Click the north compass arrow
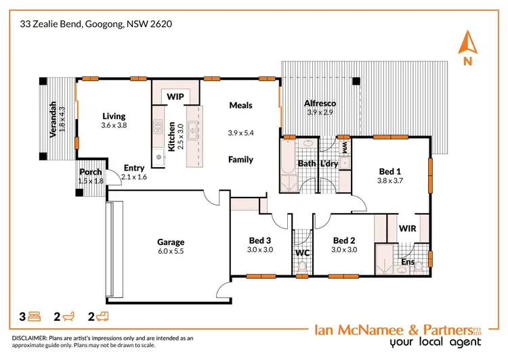tap(465, 43)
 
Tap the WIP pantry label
tap(175, 97)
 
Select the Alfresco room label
tap(320, 103)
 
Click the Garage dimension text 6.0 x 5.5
tap(171, 251)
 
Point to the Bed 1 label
tap(389, 171)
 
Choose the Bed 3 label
tap(260, 240)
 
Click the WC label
tap(302, 252)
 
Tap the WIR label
tap(407, 228)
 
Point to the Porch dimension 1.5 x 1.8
tap(91, 181)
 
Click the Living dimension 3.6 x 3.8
tap(114, 125)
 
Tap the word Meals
tap(240, 105)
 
